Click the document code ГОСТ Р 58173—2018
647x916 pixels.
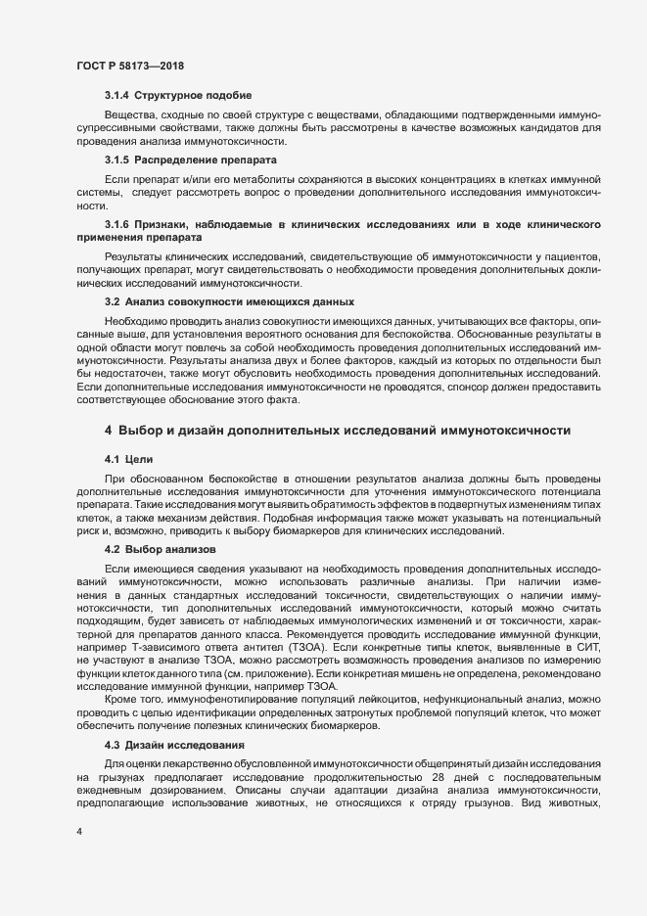point(130,65)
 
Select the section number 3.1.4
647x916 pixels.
point(117,95)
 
